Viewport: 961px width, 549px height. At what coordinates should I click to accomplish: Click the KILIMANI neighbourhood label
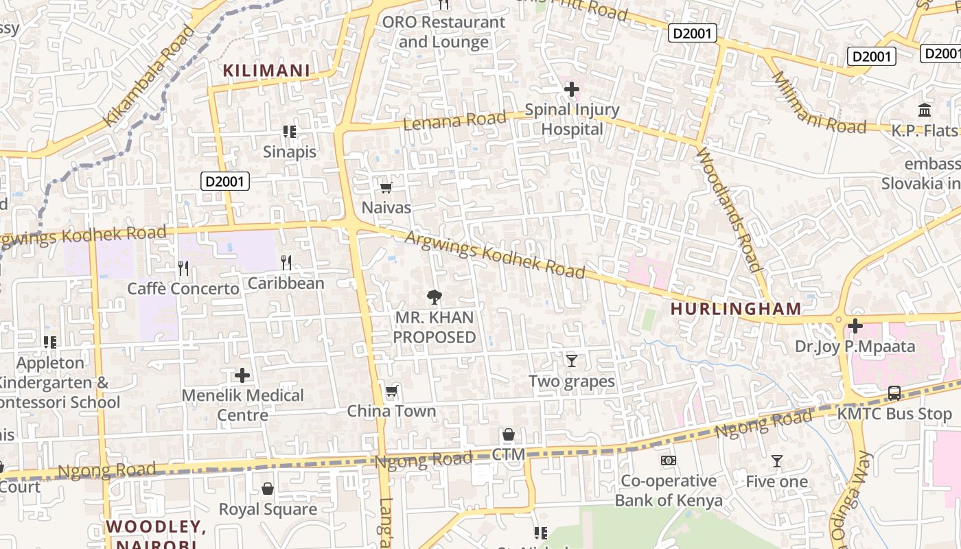tap(266, 70)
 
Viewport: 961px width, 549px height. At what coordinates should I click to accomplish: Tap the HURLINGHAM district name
tap(736, 309)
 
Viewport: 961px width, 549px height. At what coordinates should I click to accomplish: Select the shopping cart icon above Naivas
tap(386, 187)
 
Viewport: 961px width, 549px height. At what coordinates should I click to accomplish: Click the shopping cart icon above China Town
tap(391, 391)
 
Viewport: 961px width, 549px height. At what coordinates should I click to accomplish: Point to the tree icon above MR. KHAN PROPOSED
tap(434, 297)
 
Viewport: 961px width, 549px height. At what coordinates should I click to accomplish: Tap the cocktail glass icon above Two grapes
tap(571, 360)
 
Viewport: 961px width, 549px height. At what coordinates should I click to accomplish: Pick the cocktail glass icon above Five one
tap(777, 461)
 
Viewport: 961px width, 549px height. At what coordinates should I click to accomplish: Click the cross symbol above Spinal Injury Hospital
tap(571, 89)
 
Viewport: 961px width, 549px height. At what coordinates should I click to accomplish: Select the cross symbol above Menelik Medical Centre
tap(242, 375)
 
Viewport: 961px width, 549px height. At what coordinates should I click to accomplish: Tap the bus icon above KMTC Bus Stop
tap(894, 393)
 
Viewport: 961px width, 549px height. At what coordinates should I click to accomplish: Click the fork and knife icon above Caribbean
tap(286, 262)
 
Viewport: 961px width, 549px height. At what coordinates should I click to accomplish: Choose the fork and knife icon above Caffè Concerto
tap(183, 268)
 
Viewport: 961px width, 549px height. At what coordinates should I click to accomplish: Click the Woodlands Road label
tap(729, 210)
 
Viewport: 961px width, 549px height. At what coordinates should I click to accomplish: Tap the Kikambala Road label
tap(148, 76)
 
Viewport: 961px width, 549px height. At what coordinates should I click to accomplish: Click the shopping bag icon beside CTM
tap(509, 434)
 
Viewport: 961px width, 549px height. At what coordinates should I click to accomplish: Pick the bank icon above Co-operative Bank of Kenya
tap(668, 460)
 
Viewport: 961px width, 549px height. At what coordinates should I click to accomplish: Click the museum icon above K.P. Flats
tap(924, 110)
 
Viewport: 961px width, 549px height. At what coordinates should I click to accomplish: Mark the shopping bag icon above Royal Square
tap(268, 489)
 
